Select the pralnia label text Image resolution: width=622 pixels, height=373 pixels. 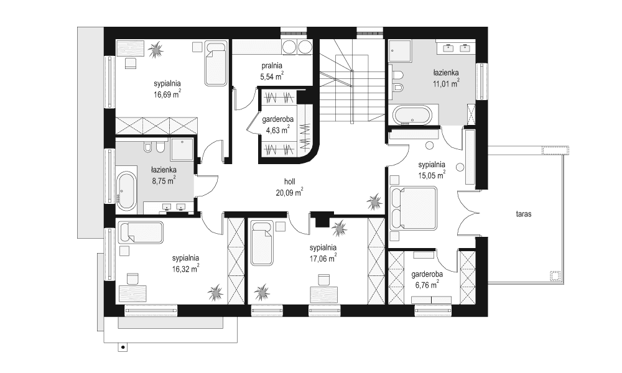pos(271,65)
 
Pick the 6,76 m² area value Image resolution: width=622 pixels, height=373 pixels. pos(426,283)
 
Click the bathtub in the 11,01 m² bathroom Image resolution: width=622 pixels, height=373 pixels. pos(412,116)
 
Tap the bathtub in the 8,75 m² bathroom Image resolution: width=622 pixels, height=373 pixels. pos(127,190)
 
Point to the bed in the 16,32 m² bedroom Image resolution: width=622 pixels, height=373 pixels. pos(141,233)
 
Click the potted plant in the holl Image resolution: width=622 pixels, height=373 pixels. pos(375,201)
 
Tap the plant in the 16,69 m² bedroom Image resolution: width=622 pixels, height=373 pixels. pos(155,49)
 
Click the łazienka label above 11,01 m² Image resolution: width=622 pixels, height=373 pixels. pos(446,71)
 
